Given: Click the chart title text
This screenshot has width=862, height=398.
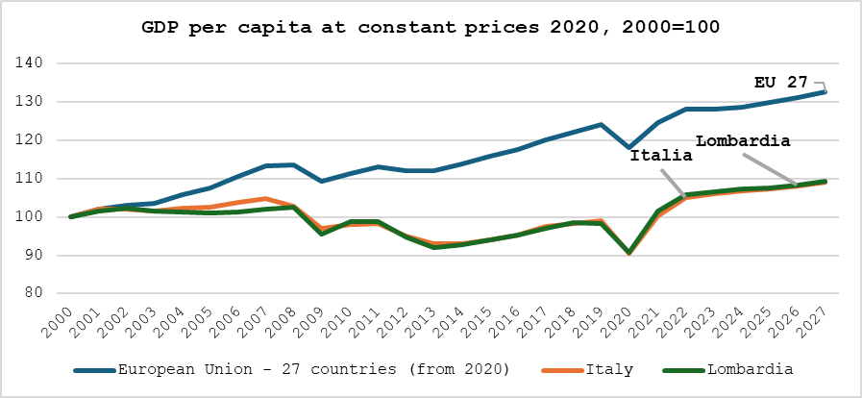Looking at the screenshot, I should [x=431, y=26].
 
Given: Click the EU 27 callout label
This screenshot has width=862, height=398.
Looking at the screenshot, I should [x=781, y=83].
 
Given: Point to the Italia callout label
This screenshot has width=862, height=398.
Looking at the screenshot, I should [x=661, y=155].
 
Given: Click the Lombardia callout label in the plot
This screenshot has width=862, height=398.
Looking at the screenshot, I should [x=742, y=141].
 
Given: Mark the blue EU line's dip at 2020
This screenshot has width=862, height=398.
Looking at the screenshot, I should [x=628, y=148].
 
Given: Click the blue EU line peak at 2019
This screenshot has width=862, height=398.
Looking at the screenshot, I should [x=601, y=124].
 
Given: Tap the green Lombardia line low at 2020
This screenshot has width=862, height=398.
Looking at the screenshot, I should [x=628, y=252].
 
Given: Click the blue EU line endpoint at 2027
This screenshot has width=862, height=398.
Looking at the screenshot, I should [x=825, y=91].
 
